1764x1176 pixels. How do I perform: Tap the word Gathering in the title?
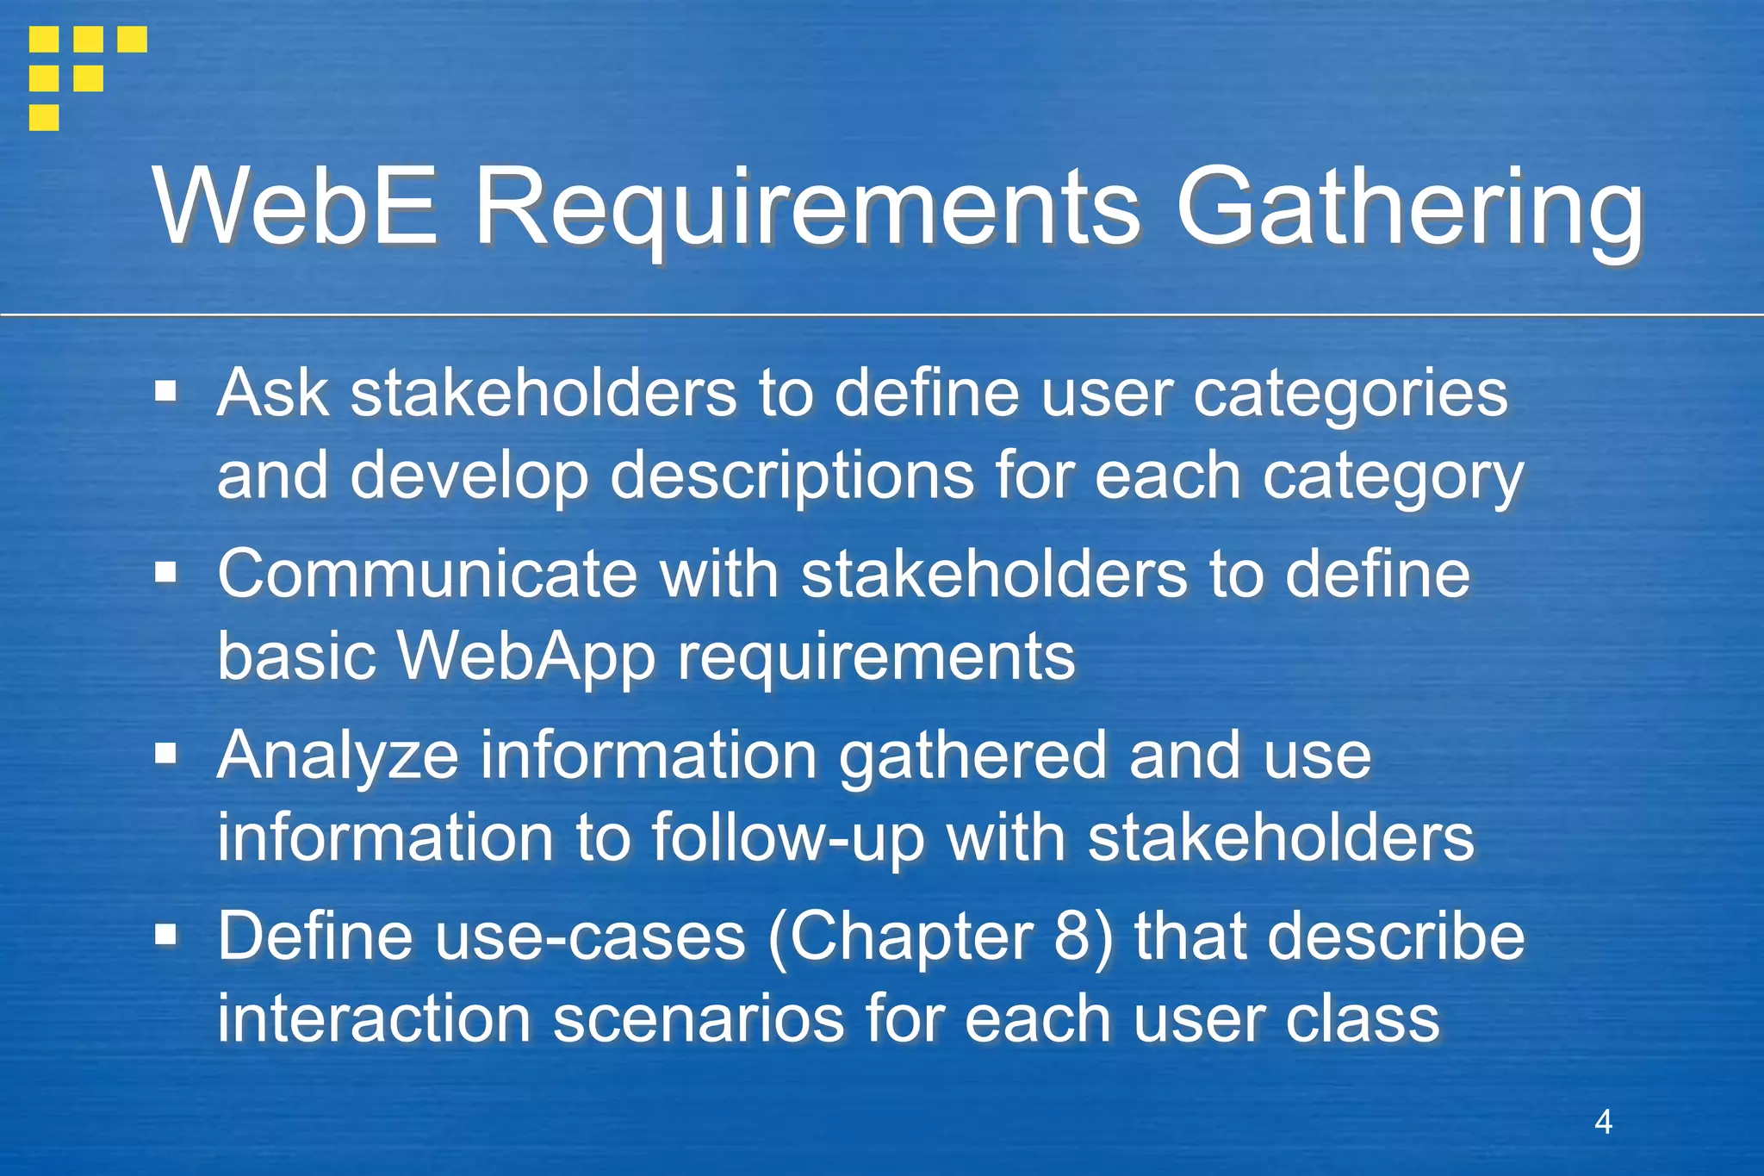pos(1410,209)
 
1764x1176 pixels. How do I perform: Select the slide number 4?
pos(1603,1122)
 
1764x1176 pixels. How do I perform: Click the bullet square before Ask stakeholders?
pos(165,393)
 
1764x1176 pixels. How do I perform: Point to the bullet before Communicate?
pos(165,574)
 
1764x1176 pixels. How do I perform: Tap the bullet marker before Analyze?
pos(165,755)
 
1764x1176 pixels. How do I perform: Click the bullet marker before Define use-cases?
pos(165,935)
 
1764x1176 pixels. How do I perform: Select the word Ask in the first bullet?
pos(273,393)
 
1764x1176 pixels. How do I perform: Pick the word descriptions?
pos(792,476)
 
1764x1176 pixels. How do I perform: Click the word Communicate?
pos(426,574)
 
